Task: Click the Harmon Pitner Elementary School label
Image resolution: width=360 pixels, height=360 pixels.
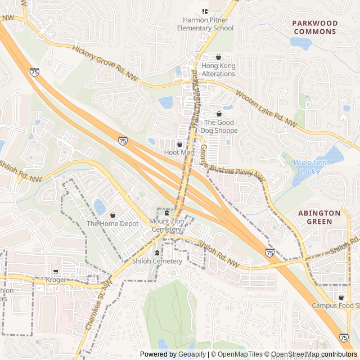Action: point(205,24)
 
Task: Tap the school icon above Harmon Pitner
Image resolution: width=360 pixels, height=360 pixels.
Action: point(205,11)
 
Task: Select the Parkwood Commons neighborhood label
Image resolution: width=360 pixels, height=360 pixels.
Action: point(314,28)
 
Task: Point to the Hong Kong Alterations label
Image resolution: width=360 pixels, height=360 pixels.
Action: point(219,70)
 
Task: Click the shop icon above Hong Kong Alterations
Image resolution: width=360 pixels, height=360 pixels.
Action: point(219,57)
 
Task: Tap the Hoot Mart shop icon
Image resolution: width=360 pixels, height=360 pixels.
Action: point(179,145)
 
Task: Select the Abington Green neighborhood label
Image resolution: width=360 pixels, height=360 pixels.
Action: point(319,217)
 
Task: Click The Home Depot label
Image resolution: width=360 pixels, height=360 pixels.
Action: point(112,224)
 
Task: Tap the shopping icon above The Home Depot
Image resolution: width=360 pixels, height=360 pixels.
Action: point(112,215)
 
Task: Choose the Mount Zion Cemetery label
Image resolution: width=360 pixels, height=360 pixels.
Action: point(166,226)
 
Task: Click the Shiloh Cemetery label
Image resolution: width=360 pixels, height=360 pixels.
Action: point(157,261)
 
